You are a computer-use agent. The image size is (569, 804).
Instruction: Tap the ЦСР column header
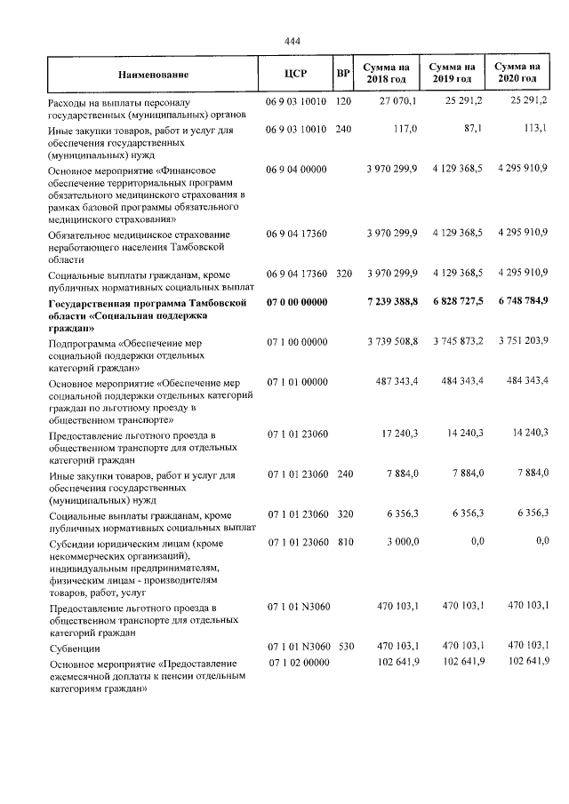295,75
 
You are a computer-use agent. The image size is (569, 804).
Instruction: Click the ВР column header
343,75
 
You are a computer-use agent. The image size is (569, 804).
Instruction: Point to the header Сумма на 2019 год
452,75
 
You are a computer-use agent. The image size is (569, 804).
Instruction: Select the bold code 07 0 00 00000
297,304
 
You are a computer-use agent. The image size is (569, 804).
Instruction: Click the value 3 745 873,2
452,341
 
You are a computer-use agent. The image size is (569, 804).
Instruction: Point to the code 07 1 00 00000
297,341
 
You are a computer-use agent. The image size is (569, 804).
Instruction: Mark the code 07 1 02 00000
297,663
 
